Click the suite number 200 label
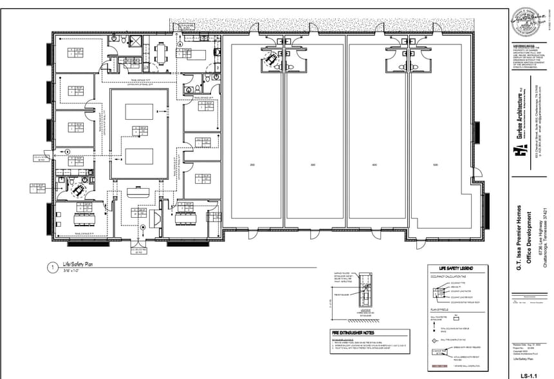click(x=252, y=166)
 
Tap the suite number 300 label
click(x=313, y=166)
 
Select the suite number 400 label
click(x=374, y=166)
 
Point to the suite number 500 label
click(x=436, y=166)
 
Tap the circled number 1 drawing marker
click(x=50, y=266)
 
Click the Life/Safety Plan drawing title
click(x=78, y=264)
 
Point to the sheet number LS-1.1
click(x=529, y=374)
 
